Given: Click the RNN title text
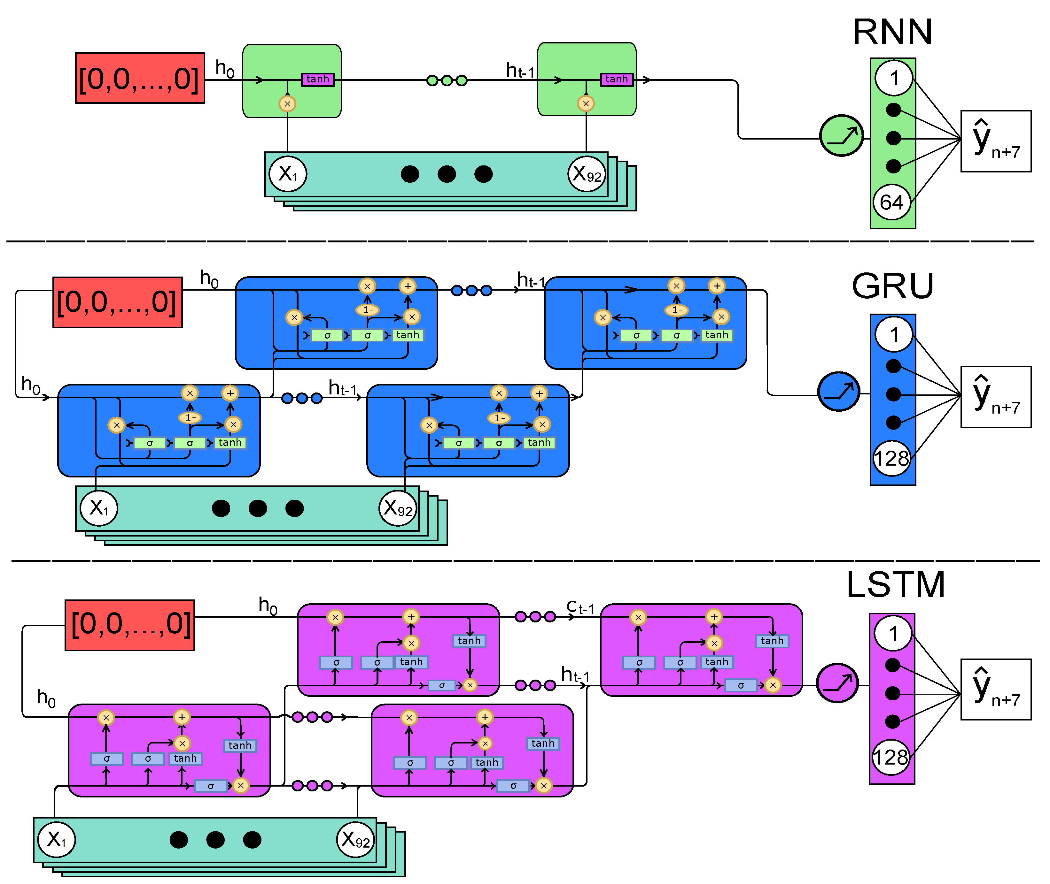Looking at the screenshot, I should pos(892,32).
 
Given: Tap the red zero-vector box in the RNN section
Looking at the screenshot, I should pos(140,78).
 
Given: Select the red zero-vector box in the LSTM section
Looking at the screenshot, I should pos(129,625).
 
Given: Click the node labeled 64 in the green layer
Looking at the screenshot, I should pos(891,202).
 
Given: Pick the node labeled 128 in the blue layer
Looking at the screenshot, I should pos(891,458).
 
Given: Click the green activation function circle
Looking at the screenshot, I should pos(841,136).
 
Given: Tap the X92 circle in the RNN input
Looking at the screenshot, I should pos(587,174).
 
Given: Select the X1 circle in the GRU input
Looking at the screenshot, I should pos(99,508).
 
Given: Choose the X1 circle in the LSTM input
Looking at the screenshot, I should pos(57,839).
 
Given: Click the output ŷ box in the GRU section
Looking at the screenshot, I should pos(995,397).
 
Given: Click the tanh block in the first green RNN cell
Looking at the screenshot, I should pos(317,79).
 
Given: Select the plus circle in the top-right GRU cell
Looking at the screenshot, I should pos(717,286).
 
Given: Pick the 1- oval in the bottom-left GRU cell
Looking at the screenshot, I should pos(190,417).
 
